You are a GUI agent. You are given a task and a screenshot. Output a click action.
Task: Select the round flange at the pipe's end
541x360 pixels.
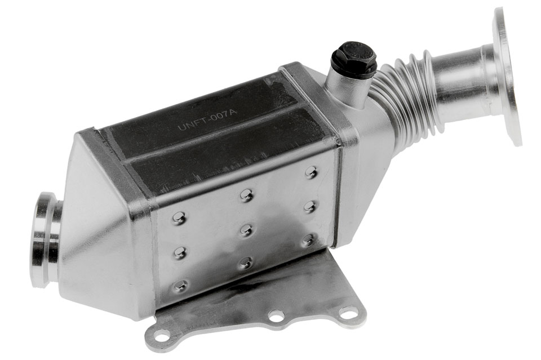point(508,76)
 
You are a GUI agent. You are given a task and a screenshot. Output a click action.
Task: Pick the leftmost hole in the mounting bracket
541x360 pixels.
point(163,335)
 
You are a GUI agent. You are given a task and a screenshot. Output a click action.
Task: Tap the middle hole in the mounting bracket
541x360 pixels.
point(276,315)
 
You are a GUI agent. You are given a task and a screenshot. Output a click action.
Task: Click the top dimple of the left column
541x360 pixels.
point(179,217)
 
